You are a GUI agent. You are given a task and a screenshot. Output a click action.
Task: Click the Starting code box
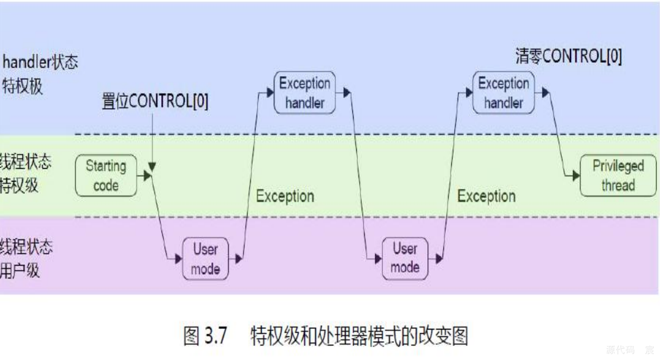tap(106, 175)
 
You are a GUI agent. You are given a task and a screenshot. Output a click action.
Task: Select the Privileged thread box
tap(618, 175)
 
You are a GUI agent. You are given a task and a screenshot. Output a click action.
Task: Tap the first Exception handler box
tap(304, 93)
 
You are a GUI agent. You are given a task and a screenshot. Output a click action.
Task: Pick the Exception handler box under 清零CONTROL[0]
tap(504, 93)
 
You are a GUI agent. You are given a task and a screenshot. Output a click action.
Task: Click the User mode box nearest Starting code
tap(205, 259)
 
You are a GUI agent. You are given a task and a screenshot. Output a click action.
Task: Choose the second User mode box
tap(405, 258)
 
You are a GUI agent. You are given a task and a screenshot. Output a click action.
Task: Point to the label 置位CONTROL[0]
tap(155, 101)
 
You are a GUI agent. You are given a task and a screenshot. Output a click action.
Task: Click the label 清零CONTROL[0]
tap(569, 57)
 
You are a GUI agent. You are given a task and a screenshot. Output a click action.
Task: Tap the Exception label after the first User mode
tap(285, 196)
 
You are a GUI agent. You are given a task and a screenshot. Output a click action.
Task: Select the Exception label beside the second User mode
tap(486, 196)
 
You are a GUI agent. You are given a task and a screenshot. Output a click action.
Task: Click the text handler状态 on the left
tap(40, 62)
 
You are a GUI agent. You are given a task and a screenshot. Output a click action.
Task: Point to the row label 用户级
tap(19, 270)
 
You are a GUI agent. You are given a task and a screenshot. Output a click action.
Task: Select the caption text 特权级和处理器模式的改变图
tap(359, 336)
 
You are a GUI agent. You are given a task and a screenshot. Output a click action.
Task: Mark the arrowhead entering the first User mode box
tap(178, 259)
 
